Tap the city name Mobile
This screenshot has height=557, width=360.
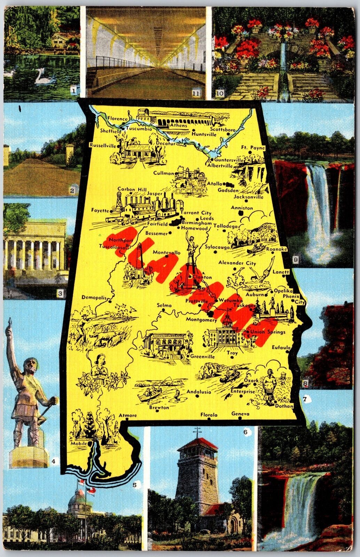[x=79, y=445]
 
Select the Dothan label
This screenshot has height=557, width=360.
[x=284, y=406]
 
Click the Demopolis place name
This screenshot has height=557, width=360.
[x=93, y=297]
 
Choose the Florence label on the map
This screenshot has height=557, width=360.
[x=117, y=118]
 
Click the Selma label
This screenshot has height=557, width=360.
[x=164, y=305]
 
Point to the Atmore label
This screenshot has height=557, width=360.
[x=128, y=415]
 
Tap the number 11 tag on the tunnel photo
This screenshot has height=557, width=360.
[x=196, y=93]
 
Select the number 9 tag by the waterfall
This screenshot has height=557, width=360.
[x=296, y=259]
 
